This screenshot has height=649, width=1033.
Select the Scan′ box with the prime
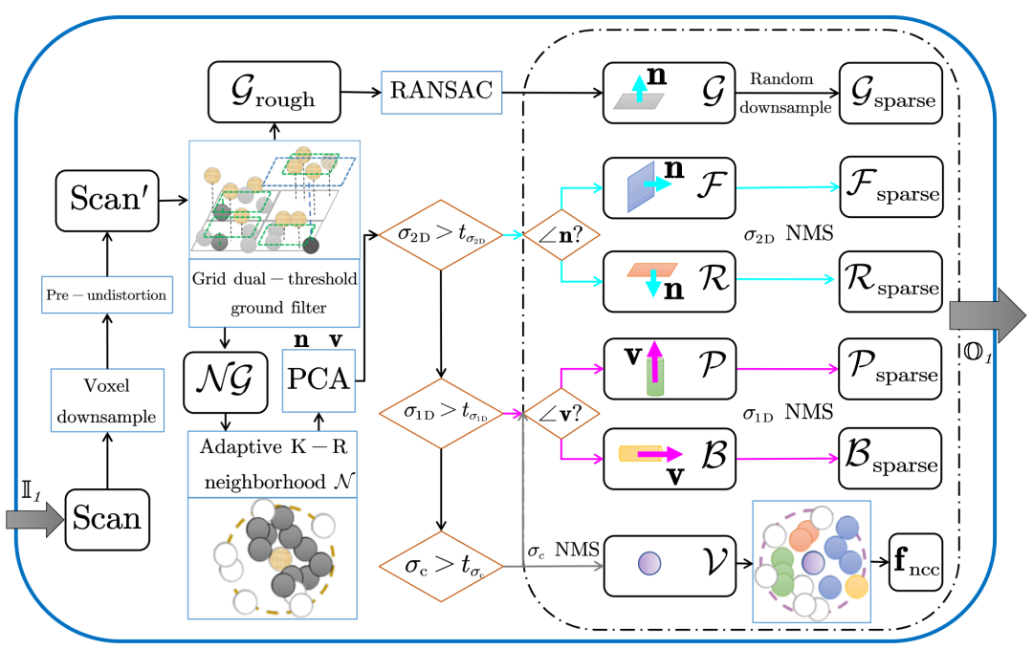[x=106, y=202]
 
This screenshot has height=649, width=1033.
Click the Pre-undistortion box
[x=106, y=295]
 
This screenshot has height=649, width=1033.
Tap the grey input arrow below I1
[x=33, y=519]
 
